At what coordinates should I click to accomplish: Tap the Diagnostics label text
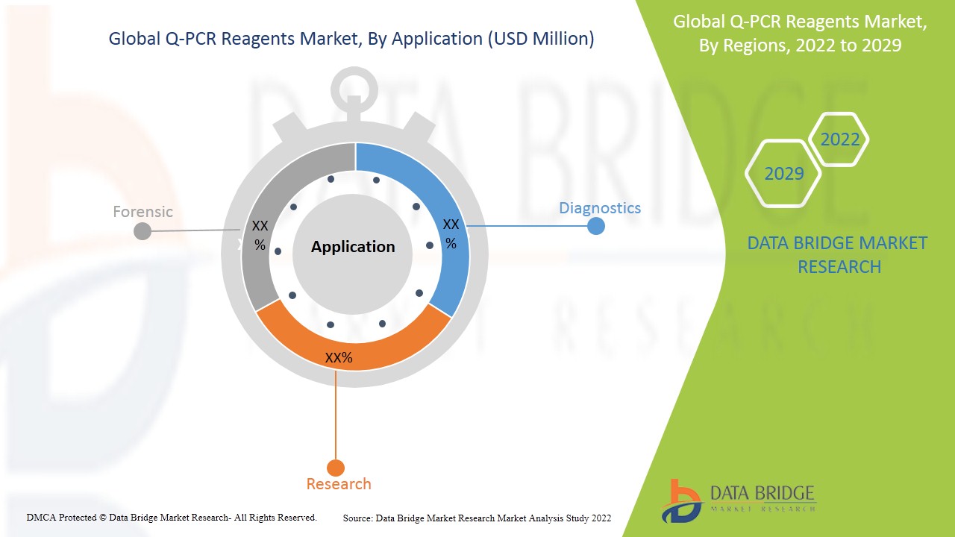[x=600, y=208]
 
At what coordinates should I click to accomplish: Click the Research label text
[x=339, y=484]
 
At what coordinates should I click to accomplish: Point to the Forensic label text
[x=143, y=212]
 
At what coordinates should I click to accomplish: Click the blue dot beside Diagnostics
[x=595, y=225]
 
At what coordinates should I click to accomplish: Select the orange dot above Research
[x=336, y=468]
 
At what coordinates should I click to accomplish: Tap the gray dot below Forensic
[x=142, y=231]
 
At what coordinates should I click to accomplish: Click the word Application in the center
[x=353, y=247]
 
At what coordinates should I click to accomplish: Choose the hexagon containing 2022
[x=839, y=139]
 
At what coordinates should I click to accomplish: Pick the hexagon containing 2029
[x=784, y=174]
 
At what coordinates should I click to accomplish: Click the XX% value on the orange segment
[x=339, y=358]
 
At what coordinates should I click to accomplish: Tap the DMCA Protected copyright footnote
[x=172, y=517]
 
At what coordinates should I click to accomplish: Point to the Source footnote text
[x=477, y=518]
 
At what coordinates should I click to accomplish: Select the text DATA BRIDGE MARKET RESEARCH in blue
[x=837, y=254]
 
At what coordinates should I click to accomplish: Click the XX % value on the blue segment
[x=451, y=233]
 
